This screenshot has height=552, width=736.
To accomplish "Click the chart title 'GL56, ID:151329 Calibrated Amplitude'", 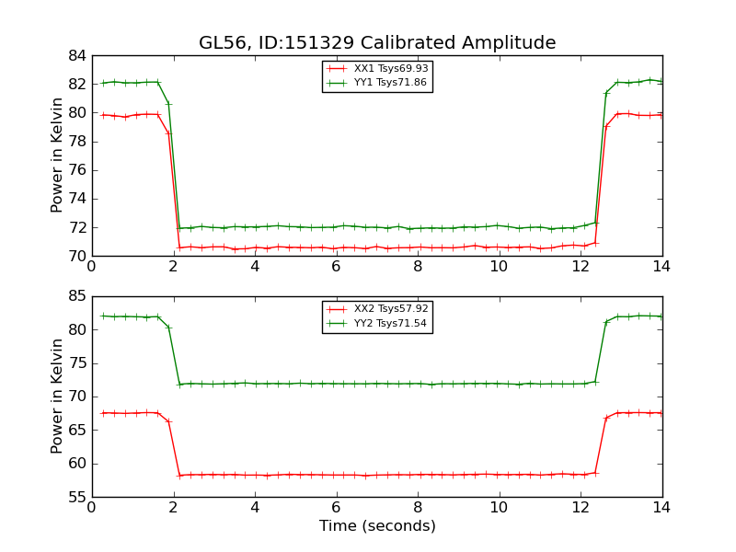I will [x=377, y=43].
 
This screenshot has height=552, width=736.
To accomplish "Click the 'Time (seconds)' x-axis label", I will [x=377, y=526].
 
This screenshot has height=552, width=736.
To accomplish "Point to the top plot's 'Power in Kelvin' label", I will [x=57, y=155].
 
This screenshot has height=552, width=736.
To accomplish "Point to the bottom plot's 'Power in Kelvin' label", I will [x=57, y=397].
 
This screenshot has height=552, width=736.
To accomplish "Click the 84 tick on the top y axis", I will [x=76, y=56].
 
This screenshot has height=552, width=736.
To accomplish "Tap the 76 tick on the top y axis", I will [x=76, y=170].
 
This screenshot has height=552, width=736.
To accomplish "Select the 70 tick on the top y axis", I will [x=76, y=256].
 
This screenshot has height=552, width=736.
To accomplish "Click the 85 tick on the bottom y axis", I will [x=76, y=296].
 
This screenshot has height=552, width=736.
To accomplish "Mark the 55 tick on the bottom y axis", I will [x=76, y=497].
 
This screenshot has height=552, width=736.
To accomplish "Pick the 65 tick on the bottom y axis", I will [x=76, y=430].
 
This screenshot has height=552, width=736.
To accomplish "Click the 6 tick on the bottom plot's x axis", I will [x=337, y=507].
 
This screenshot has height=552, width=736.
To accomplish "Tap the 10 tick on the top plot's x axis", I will [x=499, y=266].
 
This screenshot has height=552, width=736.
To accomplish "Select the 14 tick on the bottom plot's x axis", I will [x=661, y=507].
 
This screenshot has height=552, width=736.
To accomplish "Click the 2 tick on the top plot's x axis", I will [x=173, y=266].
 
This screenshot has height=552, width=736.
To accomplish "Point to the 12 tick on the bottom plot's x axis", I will [x=581, y=507].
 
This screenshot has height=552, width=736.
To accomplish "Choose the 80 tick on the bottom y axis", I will [x=76, y=329].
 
